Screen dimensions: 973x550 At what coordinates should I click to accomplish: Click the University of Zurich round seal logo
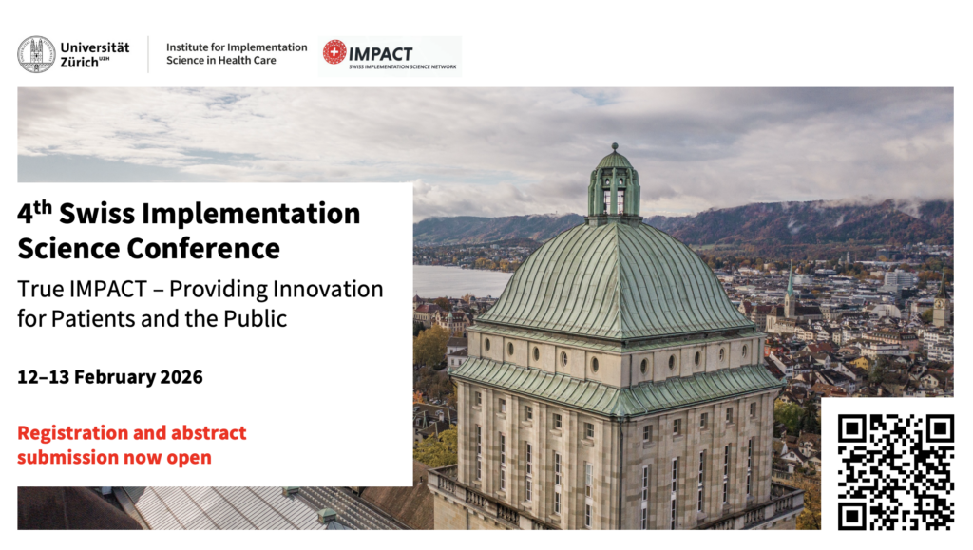(x=36, y=54)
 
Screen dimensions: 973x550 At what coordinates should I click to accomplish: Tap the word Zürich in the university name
(x=80, y=62)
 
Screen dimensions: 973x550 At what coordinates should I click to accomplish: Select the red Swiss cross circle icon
(x=334, y=52)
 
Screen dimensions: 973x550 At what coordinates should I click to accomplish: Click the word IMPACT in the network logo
(x=380, y=54)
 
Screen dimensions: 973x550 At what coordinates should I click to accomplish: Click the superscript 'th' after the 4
(x=43, y=206)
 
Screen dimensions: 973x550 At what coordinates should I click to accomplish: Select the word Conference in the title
(x=203, y=249)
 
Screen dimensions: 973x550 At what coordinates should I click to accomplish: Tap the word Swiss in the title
(x=97, y=214)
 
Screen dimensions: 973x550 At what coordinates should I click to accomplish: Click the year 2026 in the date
(x=181, y=377)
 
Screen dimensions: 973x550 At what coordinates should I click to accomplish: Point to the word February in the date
(x=115, y=378)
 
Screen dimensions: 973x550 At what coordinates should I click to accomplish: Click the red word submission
(x=67, y=458)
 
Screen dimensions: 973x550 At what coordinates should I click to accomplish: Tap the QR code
(x=895, y=471)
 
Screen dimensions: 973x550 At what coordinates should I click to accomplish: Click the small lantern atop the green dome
(x=615, y=183)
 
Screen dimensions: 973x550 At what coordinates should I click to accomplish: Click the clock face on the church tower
(x=940, y=305)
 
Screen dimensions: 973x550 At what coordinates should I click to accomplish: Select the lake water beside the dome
(x=461, y=281)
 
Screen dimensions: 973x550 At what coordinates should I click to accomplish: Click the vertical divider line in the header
(x=148, y=54)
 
